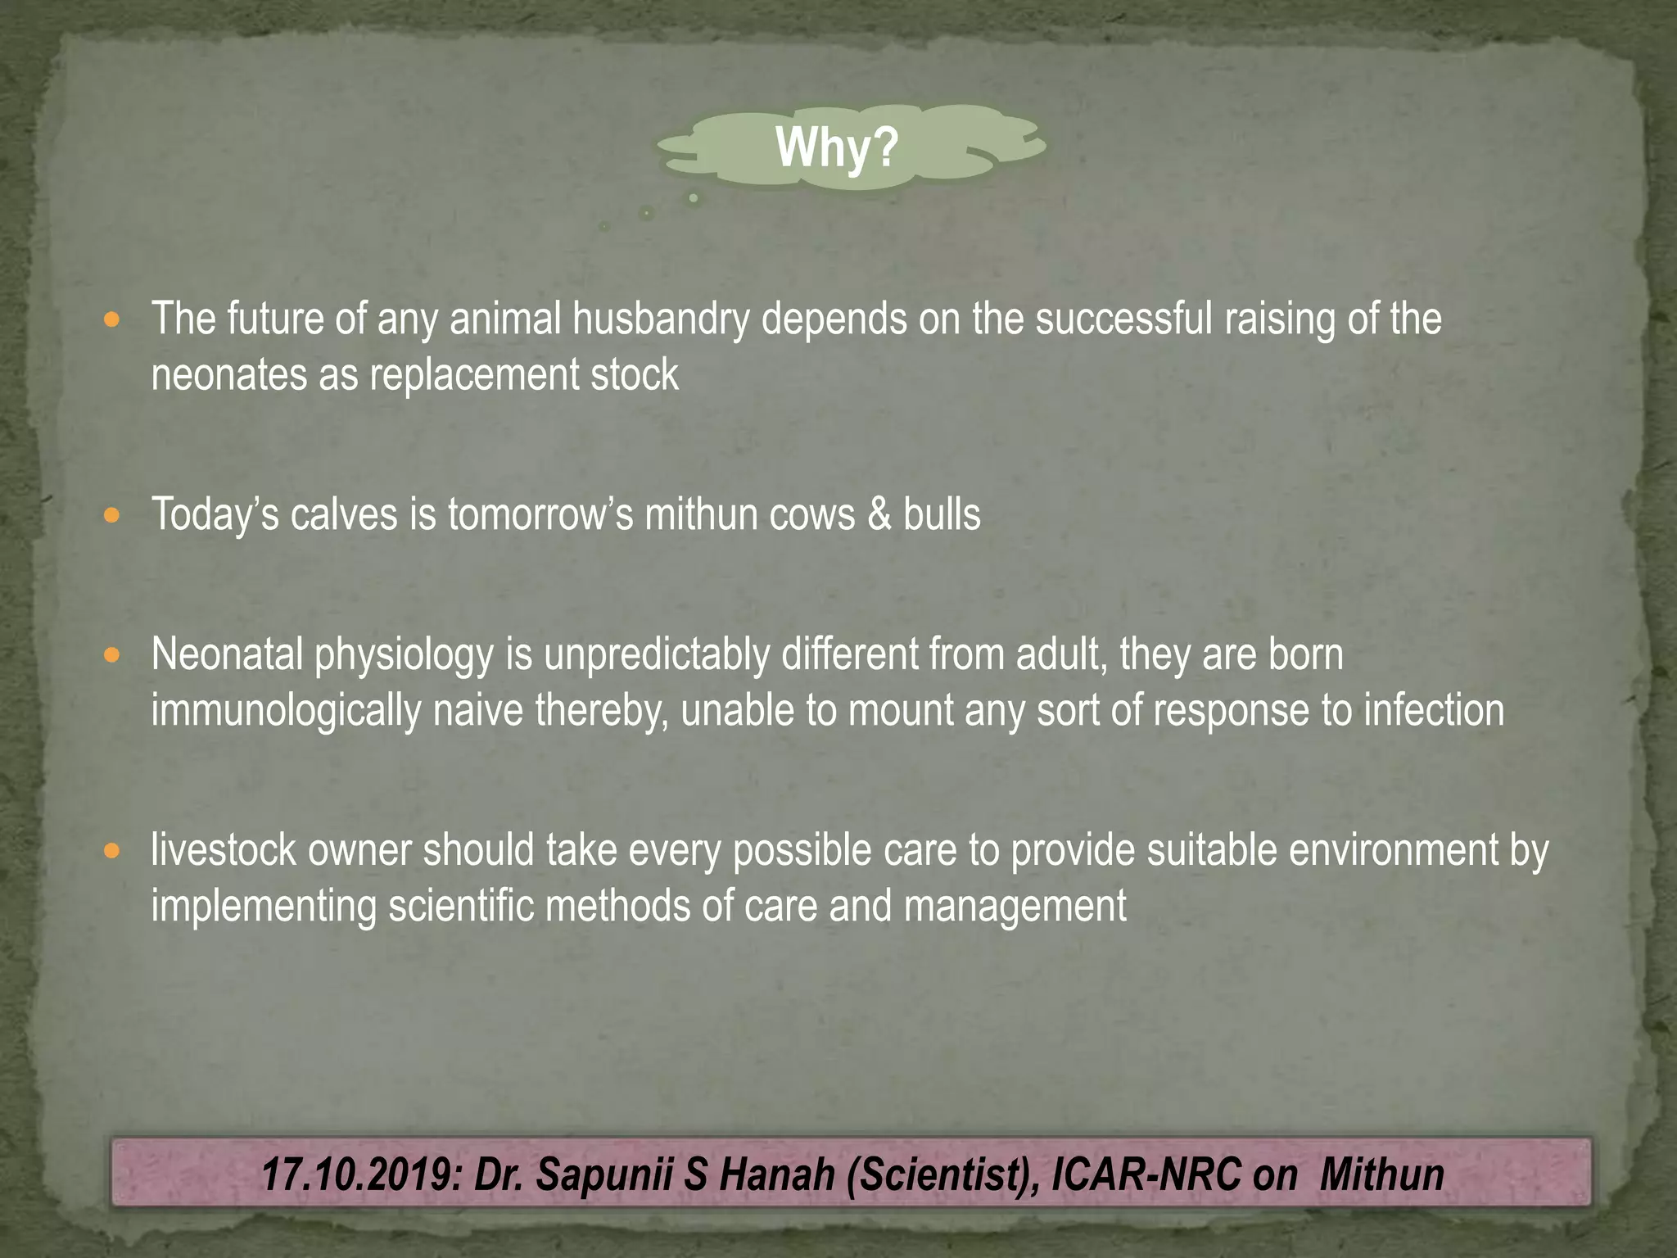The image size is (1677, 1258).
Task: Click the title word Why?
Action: [837, 147]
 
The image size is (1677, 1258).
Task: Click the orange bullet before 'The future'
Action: [112, 319]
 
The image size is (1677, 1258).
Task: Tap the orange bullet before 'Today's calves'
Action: [112, 516]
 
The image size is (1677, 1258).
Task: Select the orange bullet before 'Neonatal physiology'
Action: [112, 655]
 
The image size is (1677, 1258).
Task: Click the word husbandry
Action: [660, 319]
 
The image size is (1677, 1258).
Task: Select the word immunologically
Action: [286, 710]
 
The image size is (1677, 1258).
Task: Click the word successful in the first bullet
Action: [1123, 319]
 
